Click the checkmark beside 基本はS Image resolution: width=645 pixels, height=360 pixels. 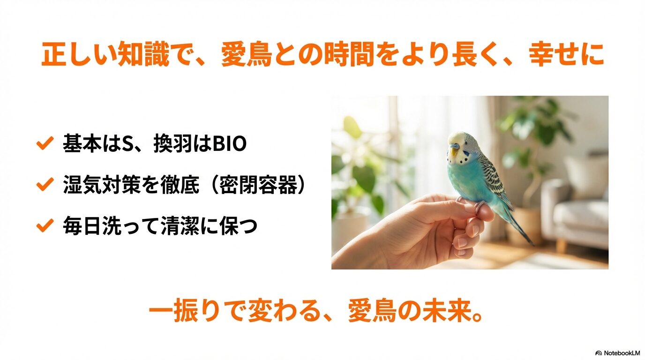43,144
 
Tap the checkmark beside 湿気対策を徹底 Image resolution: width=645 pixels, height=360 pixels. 43,185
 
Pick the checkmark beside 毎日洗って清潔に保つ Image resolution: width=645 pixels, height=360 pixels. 43,226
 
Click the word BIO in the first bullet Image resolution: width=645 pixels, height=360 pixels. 230,144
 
